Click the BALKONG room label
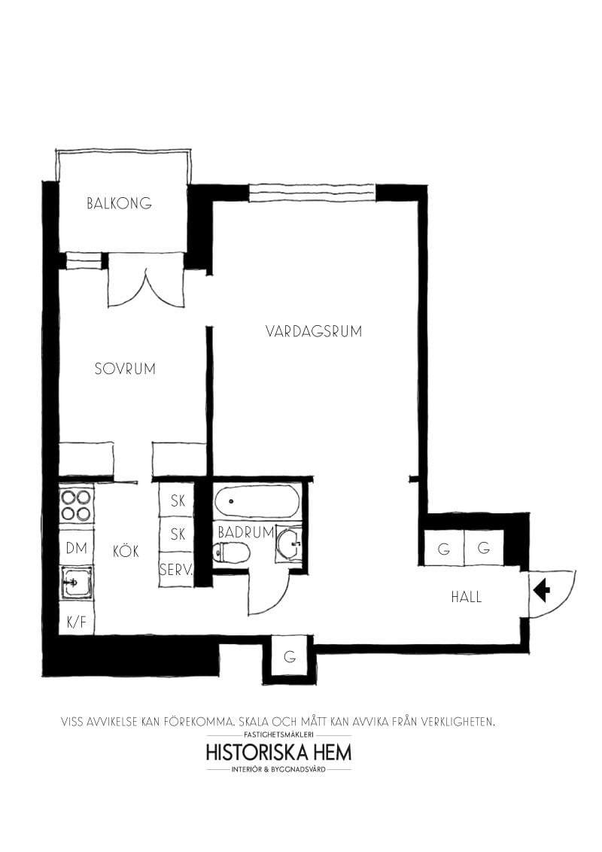119,203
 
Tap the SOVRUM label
125,369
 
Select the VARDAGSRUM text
313,331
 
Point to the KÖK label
126,552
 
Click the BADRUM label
245,532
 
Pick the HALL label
466,597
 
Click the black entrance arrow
541,591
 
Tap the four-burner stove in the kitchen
77,506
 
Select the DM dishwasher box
76,548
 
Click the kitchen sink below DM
77,583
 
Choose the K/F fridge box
76,622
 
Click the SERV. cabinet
176,570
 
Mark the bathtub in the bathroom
257,501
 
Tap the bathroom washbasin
289,543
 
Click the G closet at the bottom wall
289,656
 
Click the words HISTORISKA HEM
278,752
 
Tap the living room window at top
312,193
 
